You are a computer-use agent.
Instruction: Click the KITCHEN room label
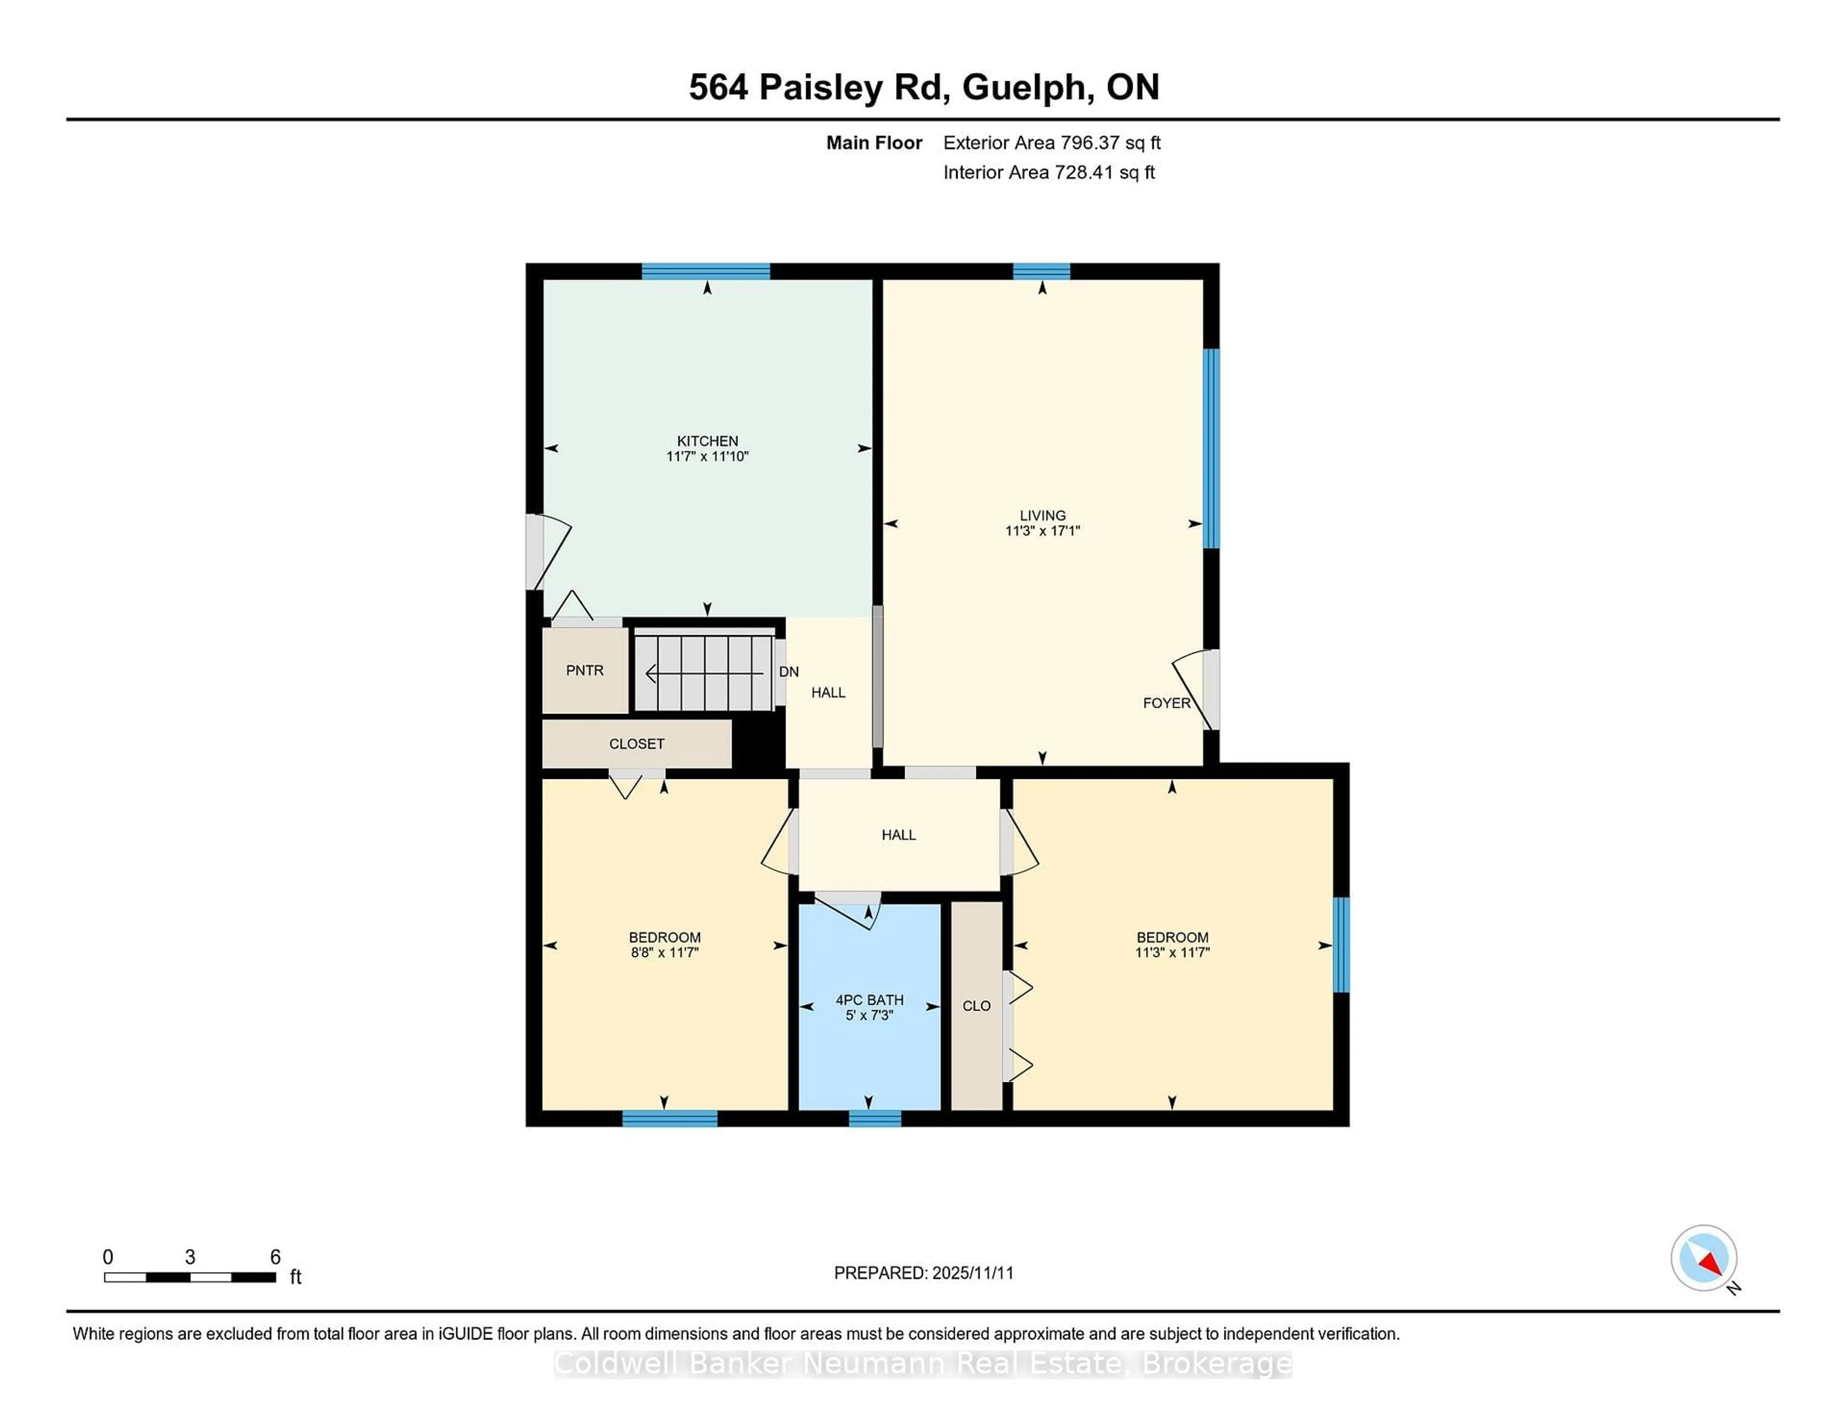tap(708, 440)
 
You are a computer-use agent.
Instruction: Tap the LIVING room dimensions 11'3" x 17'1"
tap(1042, 531)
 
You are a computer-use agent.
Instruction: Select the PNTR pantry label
tap(585, 670)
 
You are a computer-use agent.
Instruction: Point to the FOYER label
tap(1166, 702)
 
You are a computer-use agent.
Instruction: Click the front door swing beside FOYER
tap(1194, 687)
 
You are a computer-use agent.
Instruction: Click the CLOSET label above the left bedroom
tap(636, 744)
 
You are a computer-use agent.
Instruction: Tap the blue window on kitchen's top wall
tap(706, 271)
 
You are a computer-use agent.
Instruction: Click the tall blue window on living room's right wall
tap(1211, 448)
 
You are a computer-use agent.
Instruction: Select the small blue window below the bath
tap(875, 1118)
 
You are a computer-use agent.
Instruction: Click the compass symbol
tap(1703, 1258)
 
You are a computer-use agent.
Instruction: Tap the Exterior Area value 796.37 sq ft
tap(1110, 143)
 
